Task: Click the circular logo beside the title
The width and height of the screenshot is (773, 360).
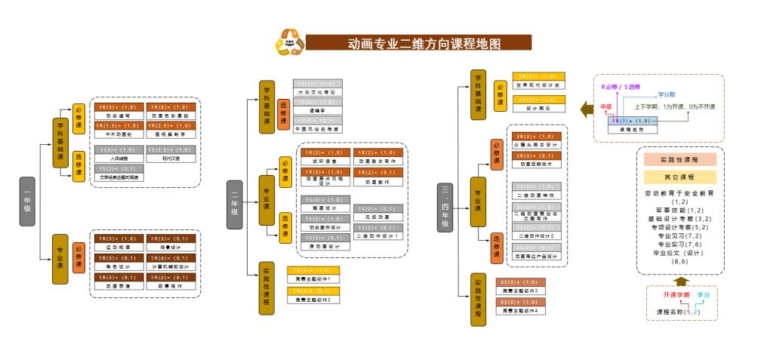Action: point(289,42)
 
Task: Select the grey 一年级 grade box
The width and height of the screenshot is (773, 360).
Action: point(27,202)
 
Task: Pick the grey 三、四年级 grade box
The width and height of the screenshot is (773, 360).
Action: point(445,206)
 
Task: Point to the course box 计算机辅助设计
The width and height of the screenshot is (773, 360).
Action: point(171,262)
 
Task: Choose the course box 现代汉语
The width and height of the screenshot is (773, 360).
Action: point(171,154)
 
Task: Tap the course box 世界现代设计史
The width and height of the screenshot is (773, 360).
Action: point(537,81)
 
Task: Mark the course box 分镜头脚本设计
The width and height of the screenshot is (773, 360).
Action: point(537,140)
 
